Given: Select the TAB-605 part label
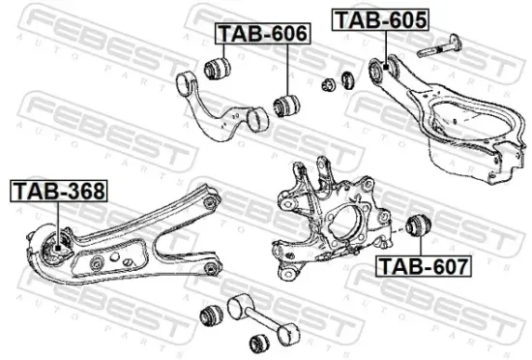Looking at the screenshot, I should click(379, 18).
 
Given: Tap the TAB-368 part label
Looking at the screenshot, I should click(59, 191).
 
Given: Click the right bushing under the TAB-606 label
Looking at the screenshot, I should click(285, 103).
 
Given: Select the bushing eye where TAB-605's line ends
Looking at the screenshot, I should click(380, 70).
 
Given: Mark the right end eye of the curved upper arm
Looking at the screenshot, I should click(256, 118).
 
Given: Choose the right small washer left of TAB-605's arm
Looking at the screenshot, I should click(341, 79).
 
